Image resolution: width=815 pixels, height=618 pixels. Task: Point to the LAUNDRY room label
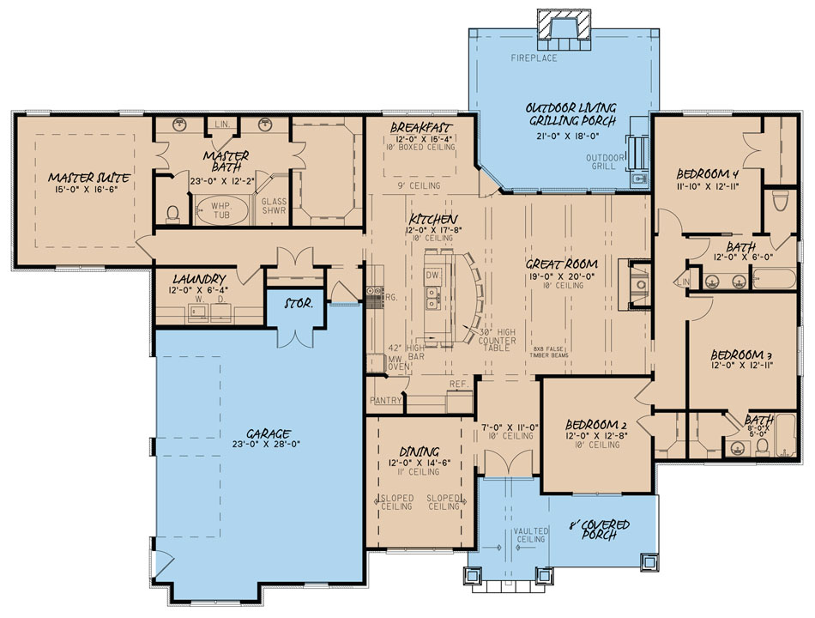[198, 279]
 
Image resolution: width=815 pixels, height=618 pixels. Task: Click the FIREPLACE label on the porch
[534, 58]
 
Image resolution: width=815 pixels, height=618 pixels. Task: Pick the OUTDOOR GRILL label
[605, 163]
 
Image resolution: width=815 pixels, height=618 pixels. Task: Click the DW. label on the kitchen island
[432, 274]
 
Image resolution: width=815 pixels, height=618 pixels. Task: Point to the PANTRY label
[386, 401]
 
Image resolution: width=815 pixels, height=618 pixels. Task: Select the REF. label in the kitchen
[457, 385]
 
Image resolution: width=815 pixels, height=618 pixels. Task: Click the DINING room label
[420, 451]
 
